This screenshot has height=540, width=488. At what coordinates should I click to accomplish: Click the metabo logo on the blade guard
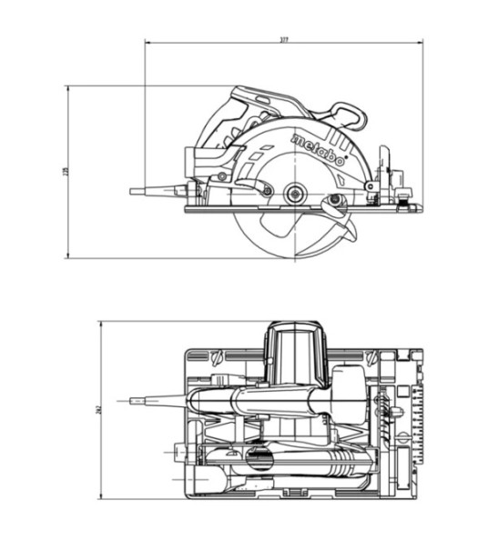(x=318, y=150)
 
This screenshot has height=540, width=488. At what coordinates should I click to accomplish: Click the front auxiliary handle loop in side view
(x=350, y=115)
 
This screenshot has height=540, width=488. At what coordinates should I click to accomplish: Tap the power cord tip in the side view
(x=133, y=192)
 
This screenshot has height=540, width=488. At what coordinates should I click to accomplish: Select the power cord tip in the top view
(x=134, y=397)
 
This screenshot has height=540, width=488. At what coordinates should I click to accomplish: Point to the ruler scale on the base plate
(x=416, y=418)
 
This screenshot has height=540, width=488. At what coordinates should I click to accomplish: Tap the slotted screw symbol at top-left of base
(x=215, y=356)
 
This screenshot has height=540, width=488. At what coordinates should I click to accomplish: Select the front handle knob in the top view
(x=346, y=386)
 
